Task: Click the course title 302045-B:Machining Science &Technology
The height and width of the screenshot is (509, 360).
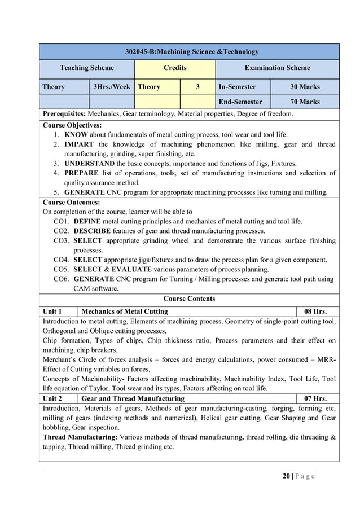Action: tap(191, 52)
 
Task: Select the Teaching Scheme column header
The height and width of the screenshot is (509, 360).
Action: tap(87, 68)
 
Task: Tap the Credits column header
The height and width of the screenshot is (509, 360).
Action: tap(175, 68)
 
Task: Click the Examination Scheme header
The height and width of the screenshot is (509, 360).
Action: tap(277, 68)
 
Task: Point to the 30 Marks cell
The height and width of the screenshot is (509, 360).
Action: tap(305, 87)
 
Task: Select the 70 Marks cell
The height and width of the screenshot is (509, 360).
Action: tap(305, 102)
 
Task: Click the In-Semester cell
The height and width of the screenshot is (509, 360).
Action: tap(237, 87)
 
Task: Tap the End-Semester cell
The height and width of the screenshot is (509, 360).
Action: tap(240, 102)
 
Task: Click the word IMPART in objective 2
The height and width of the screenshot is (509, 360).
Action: tap(80, 144)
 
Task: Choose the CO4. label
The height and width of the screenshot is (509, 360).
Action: tap(62, 260)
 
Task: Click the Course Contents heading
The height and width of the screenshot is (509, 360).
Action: tap(189, 299)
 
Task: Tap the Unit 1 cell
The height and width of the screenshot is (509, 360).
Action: tap(52, 311)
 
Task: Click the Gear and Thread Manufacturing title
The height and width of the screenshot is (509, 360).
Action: tap(133, 398)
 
